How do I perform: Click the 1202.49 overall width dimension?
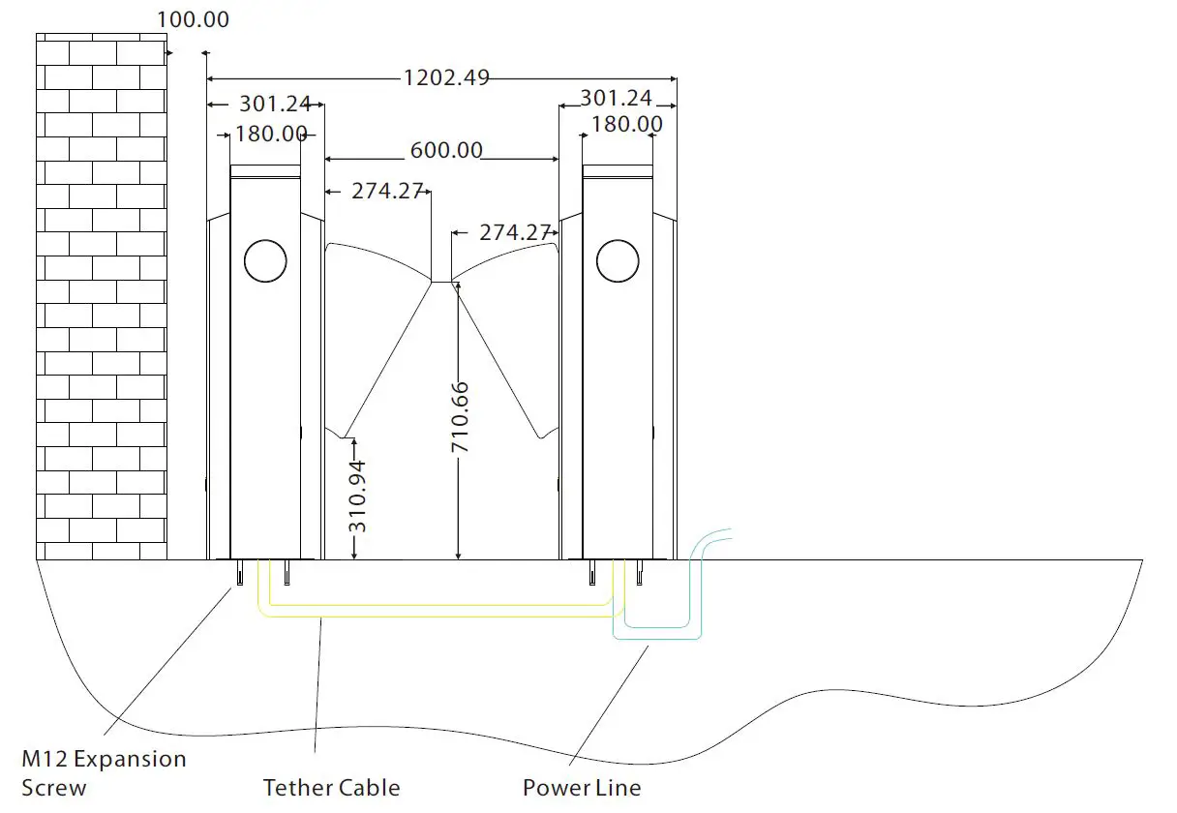coord(445,77)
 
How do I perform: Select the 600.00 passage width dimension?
coord(445,151)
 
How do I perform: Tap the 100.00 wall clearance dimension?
coord(194,19)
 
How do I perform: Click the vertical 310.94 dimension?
coord(357,497)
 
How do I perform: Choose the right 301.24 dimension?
coord(616,98)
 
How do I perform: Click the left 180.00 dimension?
coord(271,134)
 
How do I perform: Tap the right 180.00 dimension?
coord(626,124)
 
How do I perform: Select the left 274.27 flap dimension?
coord(387,191)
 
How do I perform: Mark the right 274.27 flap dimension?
coord(515,232)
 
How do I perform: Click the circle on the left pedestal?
coord(266,260)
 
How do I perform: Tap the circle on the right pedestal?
coord(618,260)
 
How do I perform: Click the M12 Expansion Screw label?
coord(104,772)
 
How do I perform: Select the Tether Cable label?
coord(331,788)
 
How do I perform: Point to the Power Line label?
coord(582,788)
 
